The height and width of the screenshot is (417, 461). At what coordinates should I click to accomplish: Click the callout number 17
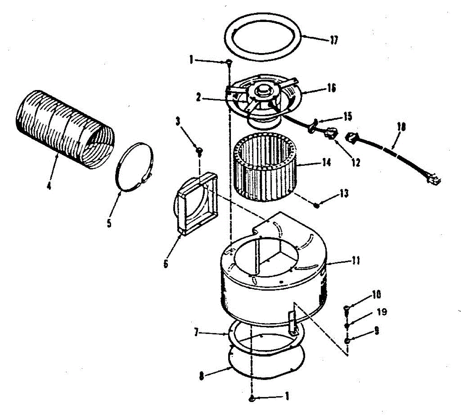[x=333, y=40]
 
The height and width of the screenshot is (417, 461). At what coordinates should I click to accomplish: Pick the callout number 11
[x=355, y=260]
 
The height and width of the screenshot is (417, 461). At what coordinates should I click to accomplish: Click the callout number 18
[x=402, y=127]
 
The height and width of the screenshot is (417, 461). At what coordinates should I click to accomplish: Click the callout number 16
[x=332, y=88]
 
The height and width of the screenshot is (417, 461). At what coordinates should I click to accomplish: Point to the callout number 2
[x=198, y=98]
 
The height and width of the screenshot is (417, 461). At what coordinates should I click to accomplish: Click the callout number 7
[x=196, y=332]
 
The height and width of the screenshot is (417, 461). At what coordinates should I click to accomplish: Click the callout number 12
[x=356, y=163]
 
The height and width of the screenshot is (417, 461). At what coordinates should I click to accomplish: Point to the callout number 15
[x=347, y=116]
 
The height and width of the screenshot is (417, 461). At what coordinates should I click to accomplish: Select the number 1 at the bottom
[x=287, y=396]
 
